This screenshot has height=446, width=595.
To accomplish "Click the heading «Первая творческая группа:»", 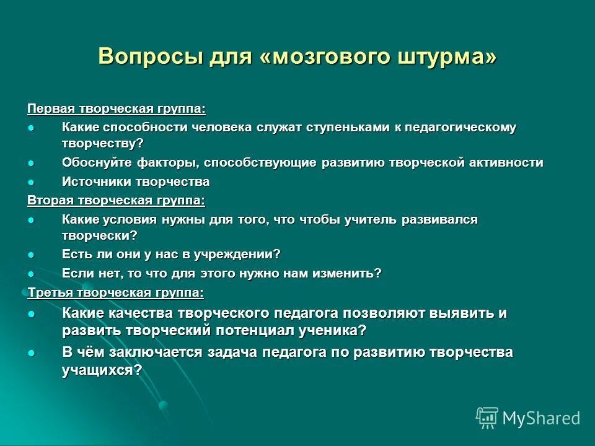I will [x=117, y=109].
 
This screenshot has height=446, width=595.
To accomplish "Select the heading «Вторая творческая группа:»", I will [x=116, y=201].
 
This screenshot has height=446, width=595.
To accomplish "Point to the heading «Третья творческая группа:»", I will [x=115, y=292].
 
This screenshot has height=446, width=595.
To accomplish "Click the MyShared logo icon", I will [x=487, y=418].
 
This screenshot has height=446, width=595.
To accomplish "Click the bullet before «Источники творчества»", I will [x=32, y=182].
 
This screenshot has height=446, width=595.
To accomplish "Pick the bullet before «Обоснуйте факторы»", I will [x=32, y=163].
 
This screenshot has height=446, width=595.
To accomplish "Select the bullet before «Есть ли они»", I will [x=32, y=255].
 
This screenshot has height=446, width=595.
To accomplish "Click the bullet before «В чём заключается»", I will [x=32, y=352].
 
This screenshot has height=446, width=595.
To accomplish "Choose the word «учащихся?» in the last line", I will [x=102, y=370].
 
